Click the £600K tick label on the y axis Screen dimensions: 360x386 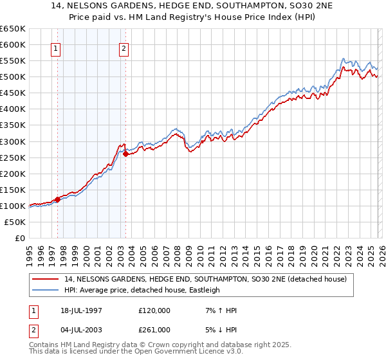[x=13, y=44]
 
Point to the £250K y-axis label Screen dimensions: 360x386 [x=13, y=157]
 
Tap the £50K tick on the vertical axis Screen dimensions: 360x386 [x=15, y=222]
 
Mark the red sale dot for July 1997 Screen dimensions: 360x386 [x=57, y=199]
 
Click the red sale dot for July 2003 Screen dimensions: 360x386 [x=125, y=154]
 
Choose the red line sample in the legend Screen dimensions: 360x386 [x=47, y=279]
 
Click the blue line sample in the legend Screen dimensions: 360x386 [x=47, y=290]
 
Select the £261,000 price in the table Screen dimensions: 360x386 [x=154, y=329]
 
